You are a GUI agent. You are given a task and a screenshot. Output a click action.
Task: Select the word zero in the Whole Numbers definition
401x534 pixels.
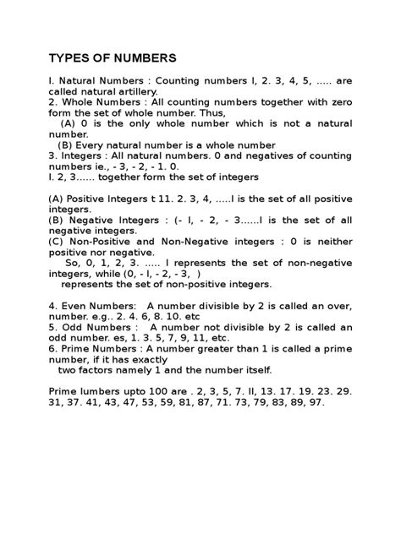[338, 106]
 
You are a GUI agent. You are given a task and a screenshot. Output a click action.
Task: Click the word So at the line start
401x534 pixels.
[71, 263]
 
